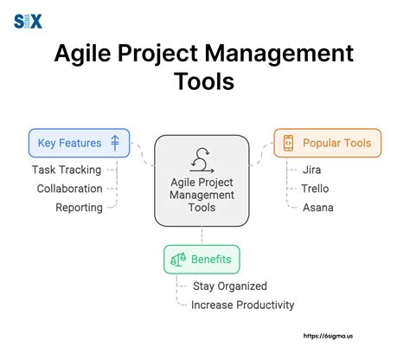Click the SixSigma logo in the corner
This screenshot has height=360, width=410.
click(28, 22)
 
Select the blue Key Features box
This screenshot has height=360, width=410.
click(78, 143)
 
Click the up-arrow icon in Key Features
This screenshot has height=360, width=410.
click(115, 143)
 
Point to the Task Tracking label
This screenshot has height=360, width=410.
click(67, 170)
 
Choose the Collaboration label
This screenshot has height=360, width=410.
click(69, 189)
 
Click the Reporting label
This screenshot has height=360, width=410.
click(79, 208)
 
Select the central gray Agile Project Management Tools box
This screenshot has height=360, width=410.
click(202, 180)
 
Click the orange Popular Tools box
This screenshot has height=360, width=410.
click(327, 143)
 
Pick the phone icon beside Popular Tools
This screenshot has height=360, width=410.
click(288, 143)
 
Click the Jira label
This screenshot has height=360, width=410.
click(311, 170)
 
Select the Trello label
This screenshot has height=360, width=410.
click(315, 189)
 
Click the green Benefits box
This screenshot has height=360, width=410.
click(202, 259)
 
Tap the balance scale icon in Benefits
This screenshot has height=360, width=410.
click(178, 259)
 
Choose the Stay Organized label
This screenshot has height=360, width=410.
click(229, 286)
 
